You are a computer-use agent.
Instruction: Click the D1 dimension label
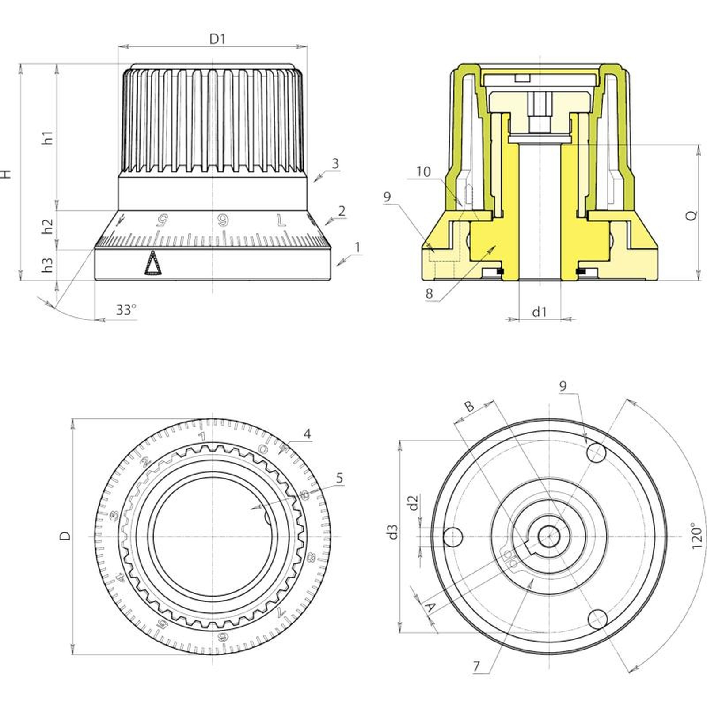pos(217,39)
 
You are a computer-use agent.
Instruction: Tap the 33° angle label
pos(126,310)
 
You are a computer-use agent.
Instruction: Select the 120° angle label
pos(696,536)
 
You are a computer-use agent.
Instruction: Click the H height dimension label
pos(6,173)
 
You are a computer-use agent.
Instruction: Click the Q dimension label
pos(692,215)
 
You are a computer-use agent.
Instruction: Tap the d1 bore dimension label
pos(539,312)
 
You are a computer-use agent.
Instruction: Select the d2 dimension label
pos(413,503)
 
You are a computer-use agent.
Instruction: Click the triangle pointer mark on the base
pos(152,264)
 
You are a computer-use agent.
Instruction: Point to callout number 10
pos(423,171)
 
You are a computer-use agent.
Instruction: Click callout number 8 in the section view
pos(429,293)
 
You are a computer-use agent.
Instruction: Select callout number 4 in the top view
pos(307,433)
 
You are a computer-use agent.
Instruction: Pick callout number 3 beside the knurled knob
pos(335,163)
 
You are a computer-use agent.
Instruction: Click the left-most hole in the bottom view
pos(452,537)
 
